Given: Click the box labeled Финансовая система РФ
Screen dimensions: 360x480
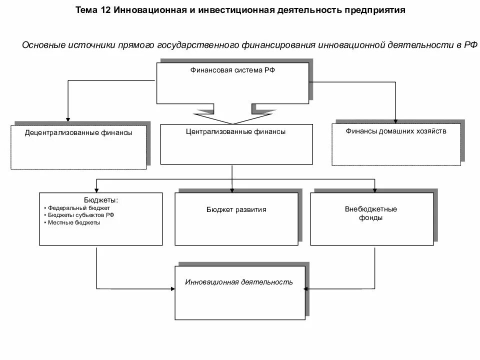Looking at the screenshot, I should click(x=232, y=82).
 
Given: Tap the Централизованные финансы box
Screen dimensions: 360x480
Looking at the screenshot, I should click(x=236, y=144).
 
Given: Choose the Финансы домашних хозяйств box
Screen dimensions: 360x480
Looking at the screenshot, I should click(x=395, y=144).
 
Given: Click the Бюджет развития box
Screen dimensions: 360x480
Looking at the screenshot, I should click(x=236, y=219).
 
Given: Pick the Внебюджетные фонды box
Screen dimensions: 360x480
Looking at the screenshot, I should click(x=371, y=219).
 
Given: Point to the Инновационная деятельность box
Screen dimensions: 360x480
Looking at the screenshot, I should click(x=239, y=292).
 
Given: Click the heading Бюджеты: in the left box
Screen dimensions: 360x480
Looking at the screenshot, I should click(x=101, y=200).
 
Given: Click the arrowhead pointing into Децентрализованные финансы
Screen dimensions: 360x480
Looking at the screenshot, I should click(x=66, y=118).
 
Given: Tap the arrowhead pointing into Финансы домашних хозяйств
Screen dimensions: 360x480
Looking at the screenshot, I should click(x=395, y=120).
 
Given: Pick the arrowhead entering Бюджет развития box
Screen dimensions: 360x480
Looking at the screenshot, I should click(x=232, y=189).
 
